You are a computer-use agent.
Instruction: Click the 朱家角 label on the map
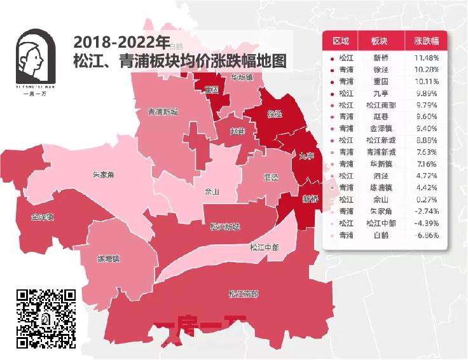[102, 174]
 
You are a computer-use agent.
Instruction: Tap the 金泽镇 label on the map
[42, 217]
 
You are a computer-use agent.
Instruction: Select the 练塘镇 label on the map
[109, 259]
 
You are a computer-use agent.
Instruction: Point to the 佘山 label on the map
[212, 191]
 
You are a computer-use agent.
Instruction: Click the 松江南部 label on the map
[244, 294]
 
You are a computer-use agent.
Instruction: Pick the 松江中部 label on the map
[263, 247]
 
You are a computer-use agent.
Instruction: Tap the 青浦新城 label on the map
[163, 112]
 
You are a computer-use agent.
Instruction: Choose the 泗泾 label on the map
[271, 177]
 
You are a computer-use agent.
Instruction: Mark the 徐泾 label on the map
[275, 114]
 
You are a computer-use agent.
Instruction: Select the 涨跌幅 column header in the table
[426, 41]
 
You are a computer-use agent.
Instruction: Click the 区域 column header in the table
[341, 41]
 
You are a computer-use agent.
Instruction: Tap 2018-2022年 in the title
[121, 43]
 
